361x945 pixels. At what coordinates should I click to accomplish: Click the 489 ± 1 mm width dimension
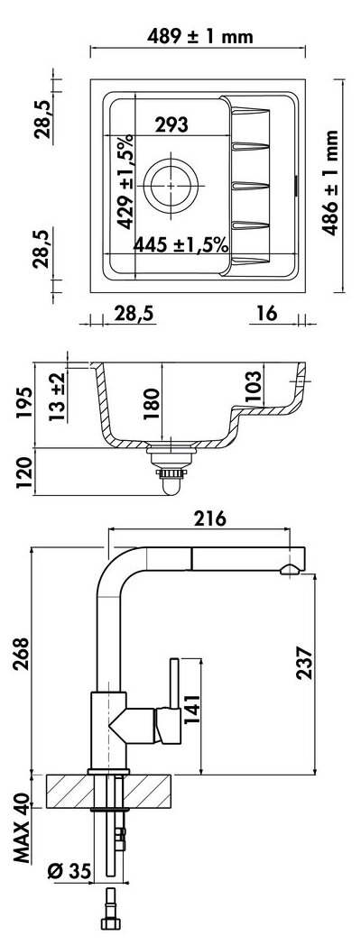(x=199, y=37)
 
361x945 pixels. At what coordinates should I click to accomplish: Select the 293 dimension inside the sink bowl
(x=171, y=124)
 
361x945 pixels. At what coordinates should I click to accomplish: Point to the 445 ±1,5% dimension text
(x=180, y=244)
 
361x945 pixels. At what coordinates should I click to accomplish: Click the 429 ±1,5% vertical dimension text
(x=125, y=182)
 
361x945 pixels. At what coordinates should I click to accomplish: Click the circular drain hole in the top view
(x=171, y=185)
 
